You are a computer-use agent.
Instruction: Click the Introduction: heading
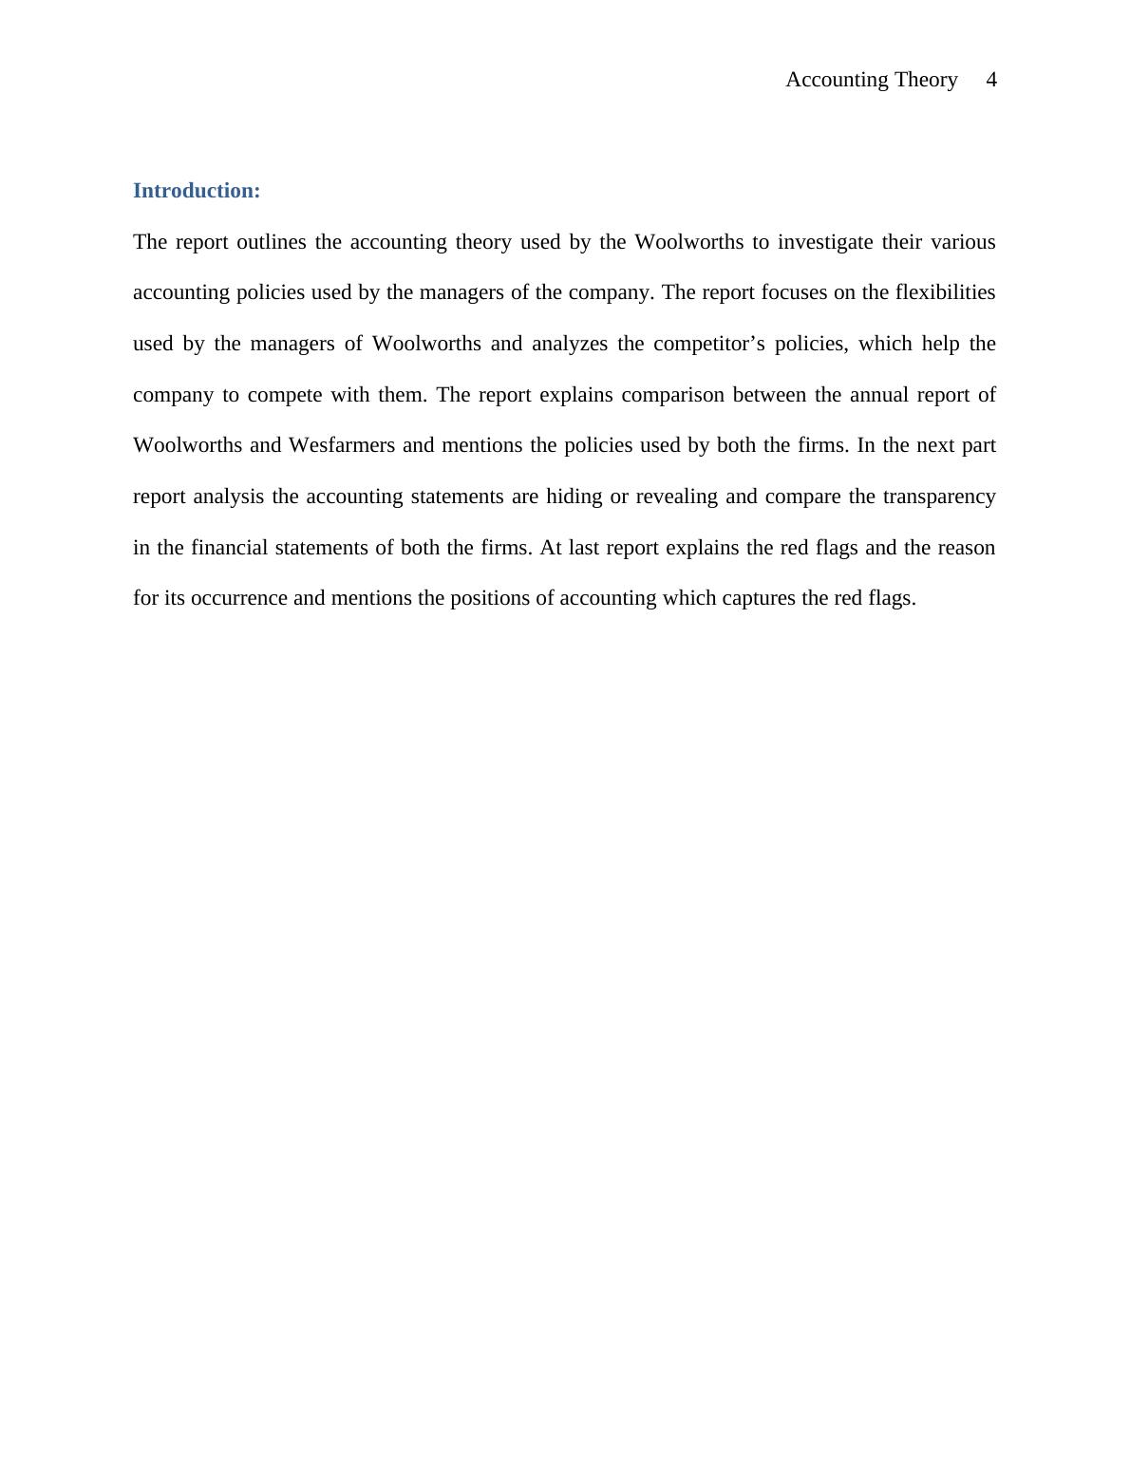click(x=197, y=191)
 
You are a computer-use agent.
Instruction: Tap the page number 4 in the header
click(x=991, y=80)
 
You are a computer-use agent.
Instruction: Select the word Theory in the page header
click(x=926, y=80)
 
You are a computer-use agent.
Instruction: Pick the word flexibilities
click(x=945, y=292)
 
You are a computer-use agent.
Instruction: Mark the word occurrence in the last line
click(x=238, y=598)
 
